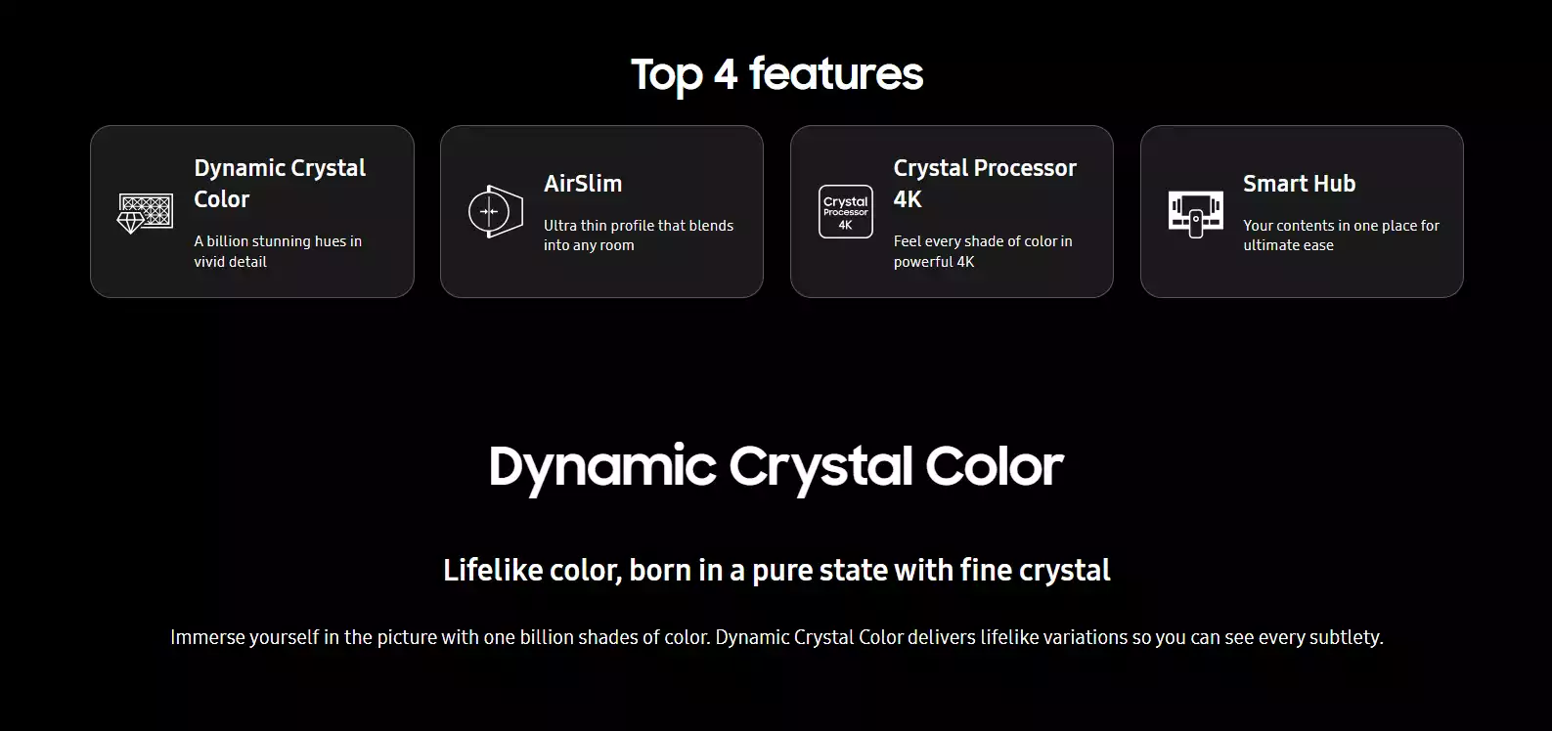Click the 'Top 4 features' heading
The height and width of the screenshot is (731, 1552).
point(776,74)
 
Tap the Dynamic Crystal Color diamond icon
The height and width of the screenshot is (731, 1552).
point(145,213)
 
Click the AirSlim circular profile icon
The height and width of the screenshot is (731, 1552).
point(496,212)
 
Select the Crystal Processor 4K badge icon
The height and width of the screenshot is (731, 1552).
point(845,212)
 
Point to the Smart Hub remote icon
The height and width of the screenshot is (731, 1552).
point(1195,215)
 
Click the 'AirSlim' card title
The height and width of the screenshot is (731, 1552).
point(583,184)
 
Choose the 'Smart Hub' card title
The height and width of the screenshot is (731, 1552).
point(1299,184)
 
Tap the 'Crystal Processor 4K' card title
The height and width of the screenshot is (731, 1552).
point(985,184)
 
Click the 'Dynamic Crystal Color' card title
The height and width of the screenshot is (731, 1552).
point(280,184)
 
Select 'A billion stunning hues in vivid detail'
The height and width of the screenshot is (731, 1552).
point(278,251)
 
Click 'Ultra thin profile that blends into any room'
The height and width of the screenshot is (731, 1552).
point(639,236)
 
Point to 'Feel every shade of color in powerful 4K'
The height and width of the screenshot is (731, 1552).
point(983,251)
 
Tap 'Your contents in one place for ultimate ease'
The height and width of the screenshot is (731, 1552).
point(1341,236)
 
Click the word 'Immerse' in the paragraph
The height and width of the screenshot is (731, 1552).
point(207,637)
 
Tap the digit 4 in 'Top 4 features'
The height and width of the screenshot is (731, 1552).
point(726,74)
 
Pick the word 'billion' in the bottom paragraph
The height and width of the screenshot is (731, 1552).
point(538,637)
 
